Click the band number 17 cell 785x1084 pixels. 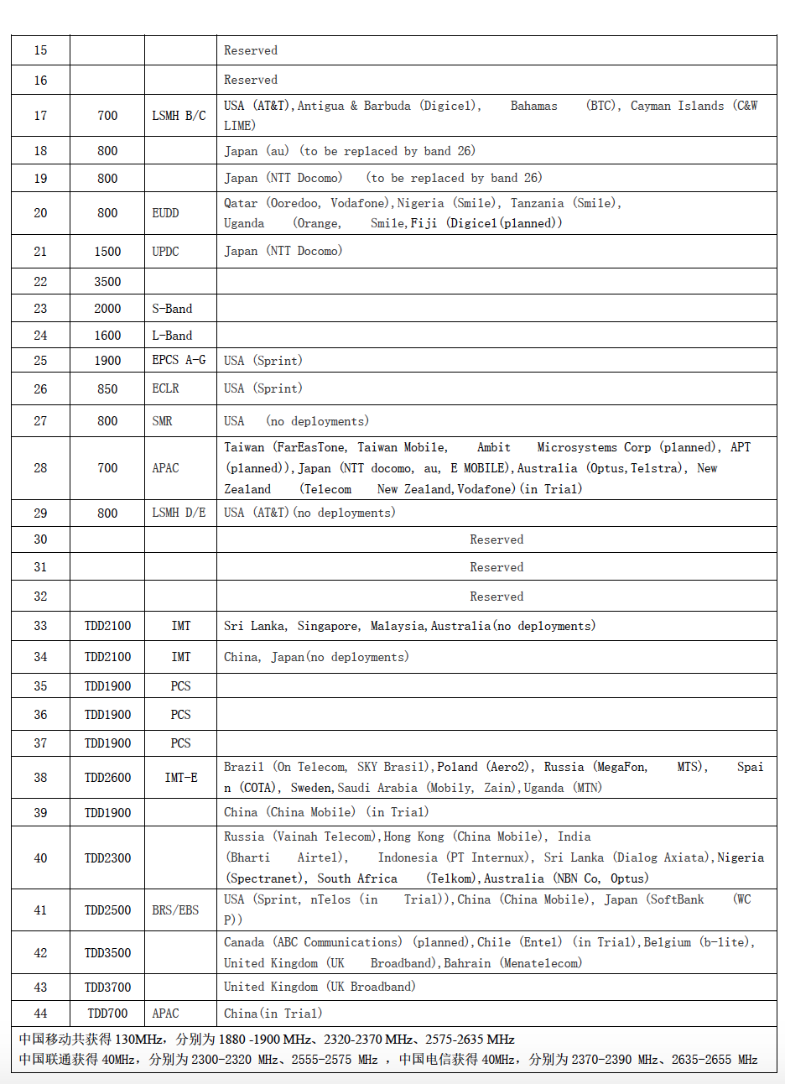[x=40, y=116]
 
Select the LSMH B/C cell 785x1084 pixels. [x=179, y=116]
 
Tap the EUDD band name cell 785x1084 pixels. [x=165, y=213]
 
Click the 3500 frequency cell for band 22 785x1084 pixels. [x=107, y=282]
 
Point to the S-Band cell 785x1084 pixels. [x=172, y=309]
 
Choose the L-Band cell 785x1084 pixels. [x=172, y=336]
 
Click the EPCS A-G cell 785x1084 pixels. [x=179, y=361]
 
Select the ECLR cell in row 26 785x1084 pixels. [x=165, y=389]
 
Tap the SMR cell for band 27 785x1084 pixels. [x=162, y=421]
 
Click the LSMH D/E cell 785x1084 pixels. [x=179, y=513]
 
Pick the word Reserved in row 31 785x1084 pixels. [x=496, y=567]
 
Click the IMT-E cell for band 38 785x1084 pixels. [x=181, y=778]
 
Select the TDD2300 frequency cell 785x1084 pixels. [x=107, y=858]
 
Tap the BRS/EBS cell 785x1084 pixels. [x=175, y=910]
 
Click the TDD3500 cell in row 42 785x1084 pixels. [x=107, y=953]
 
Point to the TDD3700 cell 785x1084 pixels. [x=107, y=988]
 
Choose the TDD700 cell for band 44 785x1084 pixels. [x=107, y=1014]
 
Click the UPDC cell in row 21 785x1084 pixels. [x=165, y=252]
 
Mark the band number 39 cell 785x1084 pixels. [x=40, y=813]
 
